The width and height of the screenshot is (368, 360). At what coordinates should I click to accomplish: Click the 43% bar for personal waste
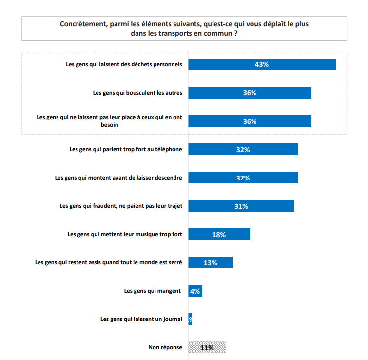[x=262, y=64]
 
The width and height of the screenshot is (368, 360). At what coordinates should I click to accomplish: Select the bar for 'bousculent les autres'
[x=250, y=93]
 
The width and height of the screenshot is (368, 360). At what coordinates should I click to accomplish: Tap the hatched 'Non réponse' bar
[x=207, y=347]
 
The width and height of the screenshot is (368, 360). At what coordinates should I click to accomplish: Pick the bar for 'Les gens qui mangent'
[x=195, y=291]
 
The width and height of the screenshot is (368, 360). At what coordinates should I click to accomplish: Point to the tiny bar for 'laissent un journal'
[x=190, y=319]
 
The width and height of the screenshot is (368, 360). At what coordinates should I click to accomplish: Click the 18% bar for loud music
[x=219, y=234]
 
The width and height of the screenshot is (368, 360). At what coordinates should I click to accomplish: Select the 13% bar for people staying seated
[x=210, y=262]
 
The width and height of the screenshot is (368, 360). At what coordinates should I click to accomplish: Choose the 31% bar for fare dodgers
[x=241, y=206]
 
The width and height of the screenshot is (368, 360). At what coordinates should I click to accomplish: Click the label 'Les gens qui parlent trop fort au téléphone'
[x=126, y=149]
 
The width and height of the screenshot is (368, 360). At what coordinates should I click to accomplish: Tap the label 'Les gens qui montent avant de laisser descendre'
[x=118, y=178]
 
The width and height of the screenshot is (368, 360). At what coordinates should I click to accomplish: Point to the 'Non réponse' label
[x=165, y=347]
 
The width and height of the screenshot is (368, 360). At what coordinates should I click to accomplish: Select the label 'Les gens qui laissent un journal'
[x=141, y=319]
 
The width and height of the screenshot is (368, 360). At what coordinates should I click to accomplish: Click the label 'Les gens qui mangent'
[x=153, y=291]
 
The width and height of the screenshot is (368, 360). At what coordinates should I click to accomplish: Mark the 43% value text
[x=262, y=64]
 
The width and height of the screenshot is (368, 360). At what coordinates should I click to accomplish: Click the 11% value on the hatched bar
[x=207, y=348]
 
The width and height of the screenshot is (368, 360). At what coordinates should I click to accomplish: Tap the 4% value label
[x=195, y=291]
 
